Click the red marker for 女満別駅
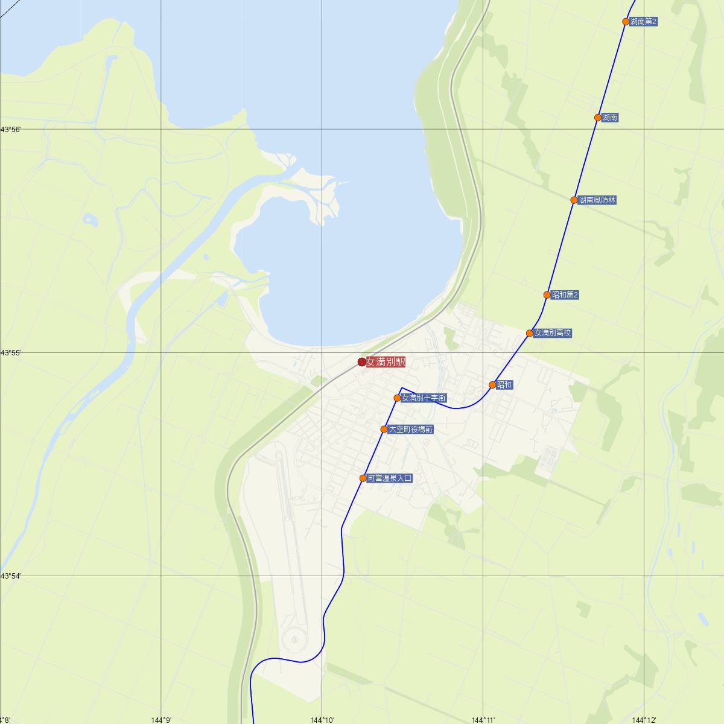pyautogui.click(x=362, y=362)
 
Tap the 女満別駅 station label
pyautogui.click(x=386, y=362)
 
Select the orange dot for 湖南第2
pyautogui.click(x=626, y=22)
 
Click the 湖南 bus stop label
pyautogui.click(x=610, y=118)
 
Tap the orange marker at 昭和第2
pyautogui.click(x=547, y=295)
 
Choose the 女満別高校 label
pyautogui.click(x=553, y=333)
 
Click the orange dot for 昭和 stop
pyautogui.click(x=492, y=385)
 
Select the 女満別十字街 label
pyautogui.click(x=424, y=398)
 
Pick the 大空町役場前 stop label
pyautogui.click(x=410, y=430)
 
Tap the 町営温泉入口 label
pyautogui.click(x=390, y=478)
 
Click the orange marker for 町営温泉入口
pyautogui.click(x=363, y=478)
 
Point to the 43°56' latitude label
pyautogui.click(x=10, y=130)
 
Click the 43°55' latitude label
pyautogui.click(x=10, y=352)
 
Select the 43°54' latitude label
pyautogui.click(x=10, y=576)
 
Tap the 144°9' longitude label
pyautogui.click(x=162, y=719)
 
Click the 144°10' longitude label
pyautogui.click(x=322, y=719)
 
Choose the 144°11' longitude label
pyautogui.click(x=483, y=719)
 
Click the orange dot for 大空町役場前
pyautogui.click(x=384, y=430)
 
